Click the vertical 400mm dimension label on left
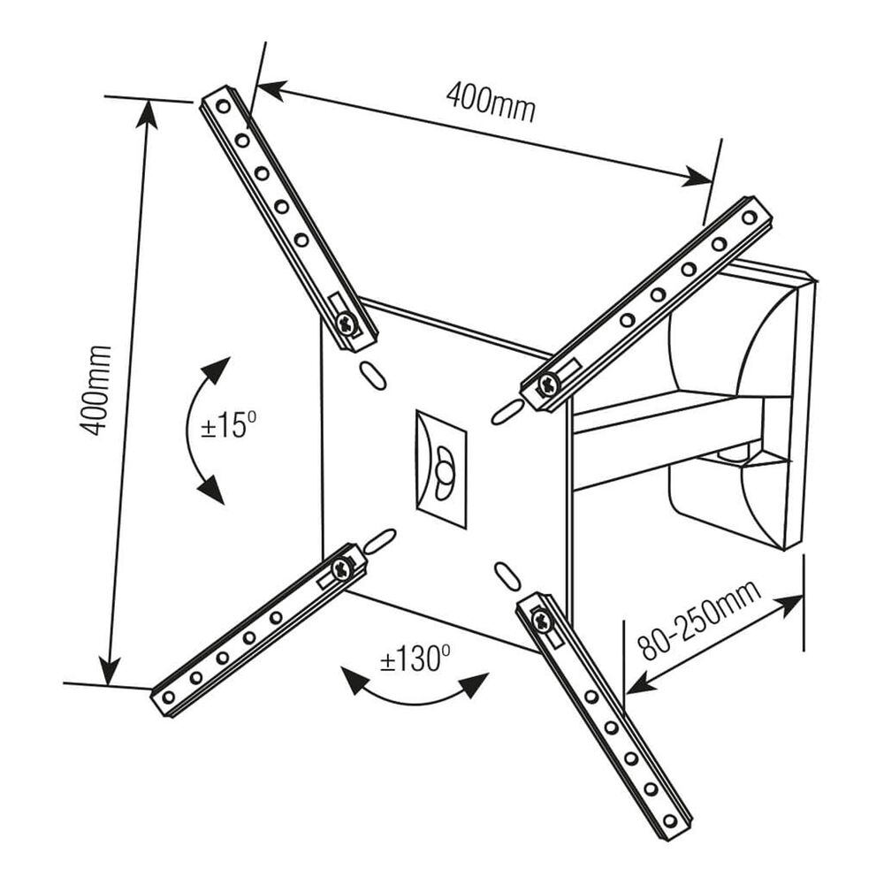95,389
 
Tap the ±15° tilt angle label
228,426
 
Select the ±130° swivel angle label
415,659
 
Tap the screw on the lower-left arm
342,568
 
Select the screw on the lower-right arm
541,621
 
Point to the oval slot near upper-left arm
372,373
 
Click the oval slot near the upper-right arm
505,409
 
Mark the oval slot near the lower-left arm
378,539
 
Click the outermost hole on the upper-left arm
222,107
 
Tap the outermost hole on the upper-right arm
749,217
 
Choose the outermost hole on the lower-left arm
169,697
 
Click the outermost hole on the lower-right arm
669,821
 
